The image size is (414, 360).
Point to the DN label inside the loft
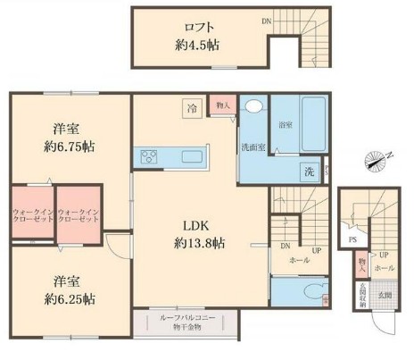tap(267, 19)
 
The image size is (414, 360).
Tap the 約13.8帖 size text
tap(197, 243)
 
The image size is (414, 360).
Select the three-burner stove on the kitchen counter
tap(148, 157)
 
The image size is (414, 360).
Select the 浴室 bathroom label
tap(285, 124)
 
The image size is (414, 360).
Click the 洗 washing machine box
tap(308, 170)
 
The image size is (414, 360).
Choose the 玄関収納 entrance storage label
tap(363, 297)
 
